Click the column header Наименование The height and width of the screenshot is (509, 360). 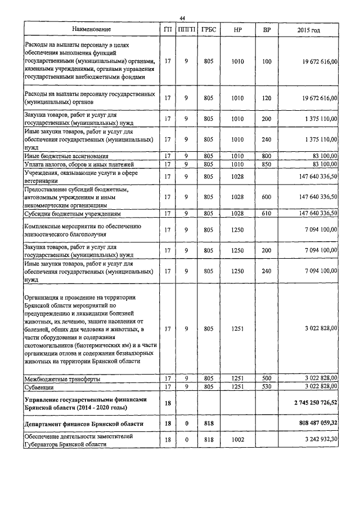pyautogui.click(x=91, y=29)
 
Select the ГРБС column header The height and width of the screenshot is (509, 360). pyautogui.click(x=208, y=29)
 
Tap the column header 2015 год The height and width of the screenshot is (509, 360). pyautogui.click(x=311, y=29)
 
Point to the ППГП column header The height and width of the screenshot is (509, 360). pyautogui.click(x=186, y=29)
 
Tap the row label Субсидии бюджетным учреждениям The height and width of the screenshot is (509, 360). pyautogui.click(x=74, y=214)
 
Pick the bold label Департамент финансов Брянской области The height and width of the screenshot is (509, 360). pyautogui.click(x=83, y=424)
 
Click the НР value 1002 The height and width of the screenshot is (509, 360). pyautogui.click(x=237, y=439)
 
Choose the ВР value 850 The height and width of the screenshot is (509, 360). pyautogui.click(x=267, y=164)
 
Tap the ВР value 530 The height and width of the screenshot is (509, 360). pyautogui.click(x=267, y=388)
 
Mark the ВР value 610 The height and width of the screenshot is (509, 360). pyautogui.click(x=267, y=214)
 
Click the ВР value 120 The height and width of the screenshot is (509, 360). pyautogui.click(x=267, y=98)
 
